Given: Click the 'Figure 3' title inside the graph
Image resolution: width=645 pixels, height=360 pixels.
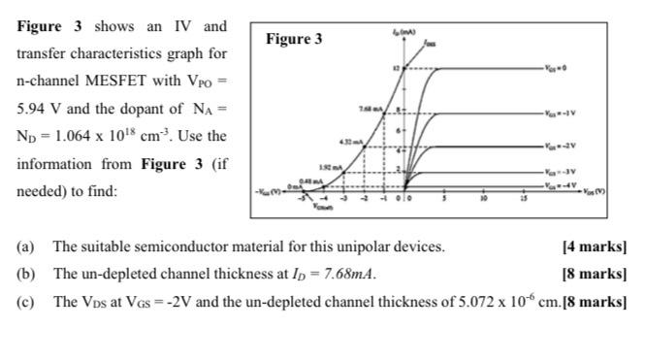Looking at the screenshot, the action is tap(294, 40).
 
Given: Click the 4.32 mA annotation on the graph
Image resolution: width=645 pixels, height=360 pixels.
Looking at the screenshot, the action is tap(351, 142).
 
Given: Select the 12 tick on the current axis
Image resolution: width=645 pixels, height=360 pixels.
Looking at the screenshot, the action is tap(395, 69).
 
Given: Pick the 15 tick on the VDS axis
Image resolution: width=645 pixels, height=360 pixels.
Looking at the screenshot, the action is tap(521, 201).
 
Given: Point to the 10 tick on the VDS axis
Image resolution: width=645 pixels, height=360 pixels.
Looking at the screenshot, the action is tap(482, 201).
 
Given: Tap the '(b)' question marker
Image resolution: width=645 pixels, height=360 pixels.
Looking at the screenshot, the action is tap(25, 274).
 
